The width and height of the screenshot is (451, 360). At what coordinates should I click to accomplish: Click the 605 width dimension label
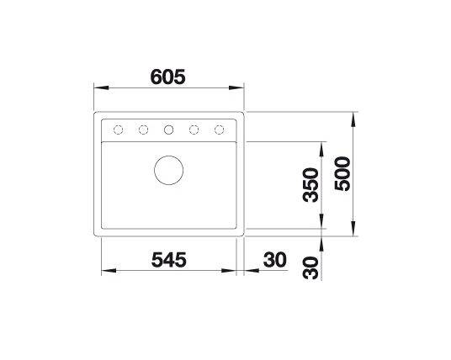[x=168, y=77]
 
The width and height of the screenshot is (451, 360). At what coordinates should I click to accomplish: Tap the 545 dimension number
[x=169, y=260]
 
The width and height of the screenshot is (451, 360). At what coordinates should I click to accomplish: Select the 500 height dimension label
[x=342, y=173]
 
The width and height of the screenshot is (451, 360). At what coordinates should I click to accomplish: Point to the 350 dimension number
[x=311, y=185]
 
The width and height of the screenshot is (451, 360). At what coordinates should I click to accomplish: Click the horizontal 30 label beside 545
[x=275, y=260]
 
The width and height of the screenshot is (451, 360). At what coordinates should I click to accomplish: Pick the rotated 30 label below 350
[x=311, y=268]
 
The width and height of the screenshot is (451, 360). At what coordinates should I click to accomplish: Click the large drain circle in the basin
[x=169, y=170]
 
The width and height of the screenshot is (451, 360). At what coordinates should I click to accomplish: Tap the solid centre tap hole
[x=169, y=130]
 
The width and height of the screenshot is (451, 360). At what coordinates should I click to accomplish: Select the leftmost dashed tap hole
[x=118, y=130]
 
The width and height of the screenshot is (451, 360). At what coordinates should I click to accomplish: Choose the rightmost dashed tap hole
[x=219, y=130]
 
